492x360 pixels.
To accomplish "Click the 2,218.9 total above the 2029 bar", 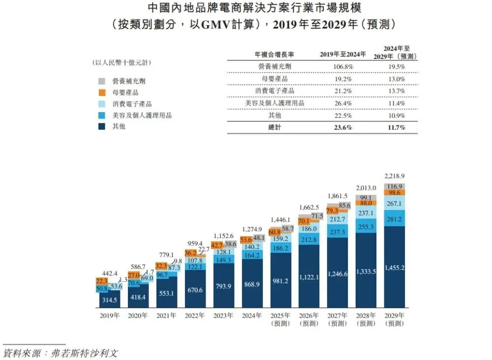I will pyautogui.click(x=394, y=176).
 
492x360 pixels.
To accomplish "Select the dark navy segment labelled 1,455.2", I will pyautogui.click(x=394, y=268).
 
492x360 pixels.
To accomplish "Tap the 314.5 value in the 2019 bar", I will pyautogui.click(x=109, y=300).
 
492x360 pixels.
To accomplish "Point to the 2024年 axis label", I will pyautogui.click(x=251, y=316).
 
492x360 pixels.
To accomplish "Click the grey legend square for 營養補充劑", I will pyautogui.click(x=102, y=81).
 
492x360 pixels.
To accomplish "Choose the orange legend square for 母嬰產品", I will pyautogui.click(x=102, y=92).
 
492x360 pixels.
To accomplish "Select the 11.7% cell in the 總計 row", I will pyautogui.click(x=396, y=127).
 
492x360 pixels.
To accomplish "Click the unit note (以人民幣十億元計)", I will pyautogui.click(x=122, y=62).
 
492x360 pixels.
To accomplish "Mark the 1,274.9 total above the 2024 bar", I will pyautogui.click(x=251, y=229).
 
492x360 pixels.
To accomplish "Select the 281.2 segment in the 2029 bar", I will pyautogui.click(x=394, y=219).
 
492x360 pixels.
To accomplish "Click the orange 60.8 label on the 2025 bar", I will pyautogui.click(x=275, y=231).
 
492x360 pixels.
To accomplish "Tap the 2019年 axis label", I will pyautogui.click(x=109, y=316).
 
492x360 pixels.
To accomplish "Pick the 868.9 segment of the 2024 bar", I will pyautogui.click(x=251, y=285).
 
